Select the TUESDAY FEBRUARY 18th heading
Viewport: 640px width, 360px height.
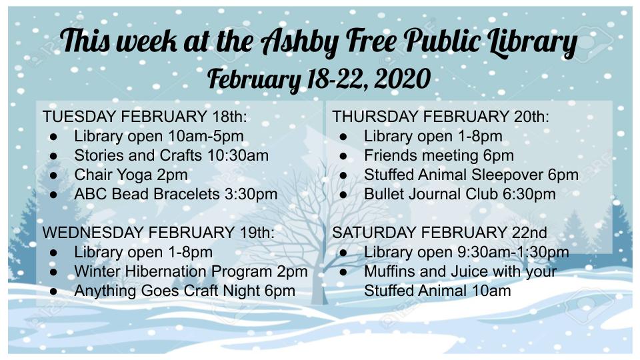(x=145, y=116)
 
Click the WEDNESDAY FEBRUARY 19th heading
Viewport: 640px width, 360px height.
(x=159, y=232)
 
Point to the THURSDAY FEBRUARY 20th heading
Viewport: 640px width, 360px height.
(x=441, y=116)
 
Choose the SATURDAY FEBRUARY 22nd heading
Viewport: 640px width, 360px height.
(x=439, y=232)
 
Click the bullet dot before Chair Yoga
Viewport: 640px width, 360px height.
(x=53, y=176)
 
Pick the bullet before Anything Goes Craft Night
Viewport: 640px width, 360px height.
(x=53, y=292)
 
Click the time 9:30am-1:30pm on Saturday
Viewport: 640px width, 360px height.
(x=513, y=252)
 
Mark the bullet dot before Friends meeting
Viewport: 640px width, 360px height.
(x=343, y=156)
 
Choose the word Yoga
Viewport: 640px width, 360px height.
(x=133, y=175)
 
